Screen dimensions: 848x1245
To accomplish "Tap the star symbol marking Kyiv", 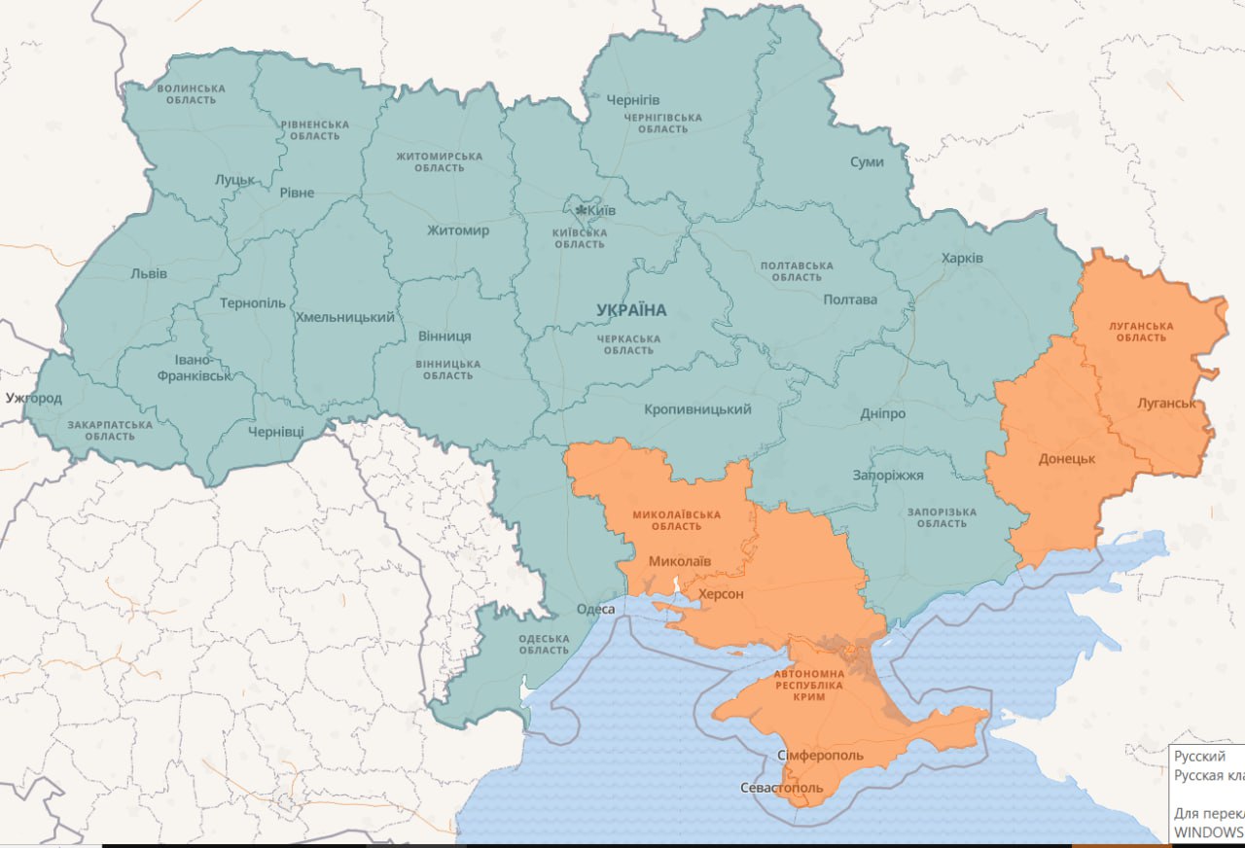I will pos(582,210).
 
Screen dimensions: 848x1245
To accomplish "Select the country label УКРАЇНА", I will pos(632,310).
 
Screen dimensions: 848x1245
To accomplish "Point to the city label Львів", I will pos(149,273).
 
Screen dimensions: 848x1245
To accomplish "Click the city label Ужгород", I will pos(33,398).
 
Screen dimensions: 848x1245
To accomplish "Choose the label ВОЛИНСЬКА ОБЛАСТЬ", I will pos(191,94).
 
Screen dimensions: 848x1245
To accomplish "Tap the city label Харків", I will pos(962,258).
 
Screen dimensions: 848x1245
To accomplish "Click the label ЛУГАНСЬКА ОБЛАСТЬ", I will pos(1141,332).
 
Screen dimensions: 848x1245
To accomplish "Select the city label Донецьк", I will pos(1067,458).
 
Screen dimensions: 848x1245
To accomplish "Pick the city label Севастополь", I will pos(781,788).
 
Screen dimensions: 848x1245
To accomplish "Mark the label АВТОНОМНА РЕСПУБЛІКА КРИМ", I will pos(809,686).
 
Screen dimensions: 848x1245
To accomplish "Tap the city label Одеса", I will pos(595,609).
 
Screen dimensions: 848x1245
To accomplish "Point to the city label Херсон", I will pos(721,594).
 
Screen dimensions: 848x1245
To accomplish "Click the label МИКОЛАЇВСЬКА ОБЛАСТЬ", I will pos(676,519).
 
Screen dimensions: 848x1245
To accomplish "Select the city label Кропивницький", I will pos(697,409).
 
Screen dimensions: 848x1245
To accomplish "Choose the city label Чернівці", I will pos(275,431).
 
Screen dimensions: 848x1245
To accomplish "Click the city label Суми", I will pos(867,161).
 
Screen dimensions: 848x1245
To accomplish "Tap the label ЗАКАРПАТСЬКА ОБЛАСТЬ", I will pos(110,430).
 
